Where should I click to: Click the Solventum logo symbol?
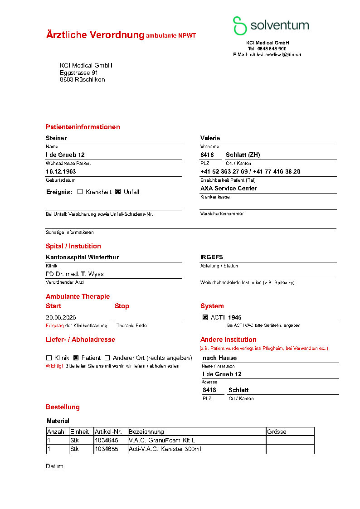[x=240, y=26]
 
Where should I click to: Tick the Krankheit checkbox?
[x=80, y=192]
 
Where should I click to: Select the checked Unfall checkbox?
[x=118, y=192]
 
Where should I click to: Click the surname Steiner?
[x=56, y=138]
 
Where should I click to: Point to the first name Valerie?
[x=210, y=138]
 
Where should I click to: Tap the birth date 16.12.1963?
[x=61, y=172]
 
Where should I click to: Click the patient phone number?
[x=250, y=172]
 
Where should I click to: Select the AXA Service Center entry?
[x=229, y=188]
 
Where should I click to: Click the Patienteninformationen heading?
[x=83, y=127]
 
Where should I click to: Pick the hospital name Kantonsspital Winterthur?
[x=83, y=257]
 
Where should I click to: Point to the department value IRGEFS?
[x=212, y=257]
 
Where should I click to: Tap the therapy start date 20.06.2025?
[x=60, y=318]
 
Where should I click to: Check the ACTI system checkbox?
[x=205, y=318]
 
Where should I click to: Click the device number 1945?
[x=235, y=318]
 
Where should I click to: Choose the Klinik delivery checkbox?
[x=49, y=358]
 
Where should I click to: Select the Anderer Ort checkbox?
[x=107, y=358]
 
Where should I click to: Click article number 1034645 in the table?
[x=107, y=440]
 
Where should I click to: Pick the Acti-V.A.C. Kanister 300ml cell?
[x=165, y=449]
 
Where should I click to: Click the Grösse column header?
[x=277, y=431]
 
